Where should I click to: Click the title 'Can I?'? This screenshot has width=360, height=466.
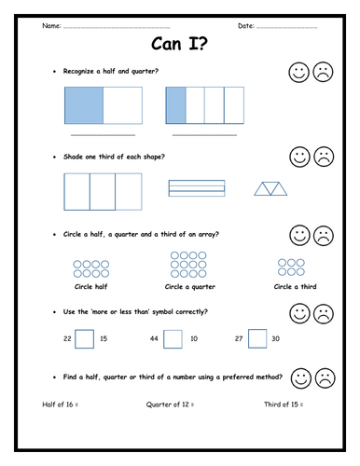[x=179, y=44]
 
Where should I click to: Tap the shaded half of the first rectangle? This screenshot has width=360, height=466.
[x=83, y=105]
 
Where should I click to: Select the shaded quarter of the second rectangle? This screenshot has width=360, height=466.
[x=175, y=105]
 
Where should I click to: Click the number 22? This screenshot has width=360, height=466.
[x=67, y=338]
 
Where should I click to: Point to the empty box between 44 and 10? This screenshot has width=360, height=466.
[x=172, y=338]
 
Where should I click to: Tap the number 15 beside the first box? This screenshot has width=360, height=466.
[x=104, y=338]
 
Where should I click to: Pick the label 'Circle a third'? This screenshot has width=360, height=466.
[x=295, y=287]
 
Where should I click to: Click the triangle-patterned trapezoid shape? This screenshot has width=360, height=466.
[x=273, y=189]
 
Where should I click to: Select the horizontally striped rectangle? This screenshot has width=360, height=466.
[x=197, y=188]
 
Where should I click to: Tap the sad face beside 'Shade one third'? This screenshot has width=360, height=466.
[x=323, y=156]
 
